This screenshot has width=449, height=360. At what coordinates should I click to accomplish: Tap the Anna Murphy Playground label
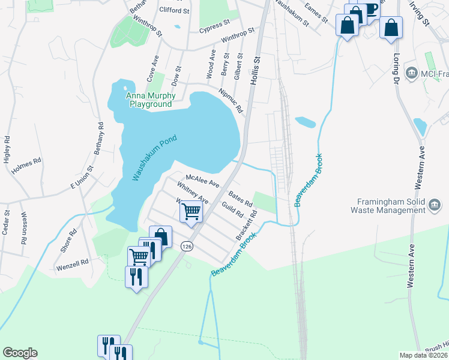coord(150,100)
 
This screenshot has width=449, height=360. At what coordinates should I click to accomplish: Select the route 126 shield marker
coord(187,246)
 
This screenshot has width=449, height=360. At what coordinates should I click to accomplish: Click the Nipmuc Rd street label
coord(231,101)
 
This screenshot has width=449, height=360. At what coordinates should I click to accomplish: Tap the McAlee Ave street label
coord(203,181)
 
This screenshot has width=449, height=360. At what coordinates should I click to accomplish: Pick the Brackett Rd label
coord(246,225)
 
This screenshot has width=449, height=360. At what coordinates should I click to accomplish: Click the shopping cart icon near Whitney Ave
coord(191,211)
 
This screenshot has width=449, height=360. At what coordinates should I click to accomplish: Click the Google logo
coord(20,353)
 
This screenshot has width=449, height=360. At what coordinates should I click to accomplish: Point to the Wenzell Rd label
coord(72,263)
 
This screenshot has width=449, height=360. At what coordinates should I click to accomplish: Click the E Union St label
coord(83,178)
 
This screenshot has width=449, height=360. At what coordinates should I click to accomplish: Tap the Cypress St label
coord(214,26)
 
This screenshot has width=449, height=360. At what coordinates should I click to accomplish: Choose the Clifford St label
coord(174,10)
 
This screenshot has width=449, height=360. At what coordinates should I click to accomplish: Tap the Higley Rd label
coord(7,149)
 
